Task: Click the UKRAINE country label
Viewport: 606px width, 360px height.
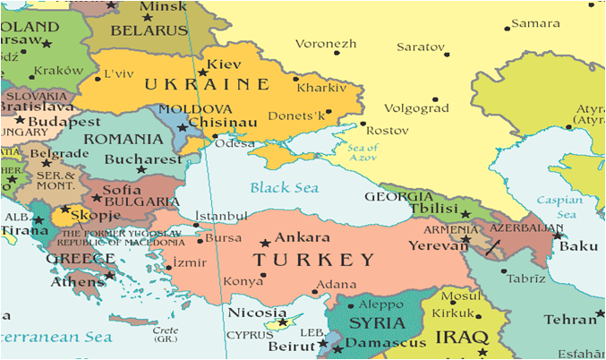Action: coord(208,85)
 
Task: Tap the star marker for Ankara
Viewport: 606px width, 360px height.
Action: coord(264,243)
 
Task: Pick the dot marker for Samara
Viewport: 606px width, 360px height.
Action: coord(508,29)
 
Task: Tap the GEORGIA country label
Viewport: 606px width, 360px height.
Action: coord(399,197)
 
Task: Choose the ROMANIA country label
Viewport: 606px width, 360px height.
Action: coord(116,140)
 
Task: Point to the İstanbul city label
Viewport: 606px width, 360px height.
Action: coord(220,216)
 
